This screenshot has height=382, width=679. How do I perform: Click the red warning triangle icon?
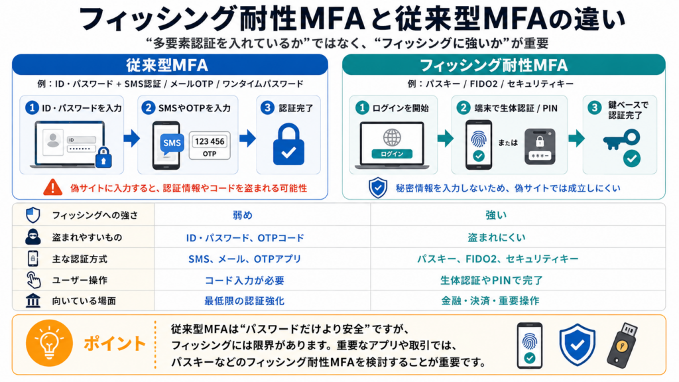point(52,187)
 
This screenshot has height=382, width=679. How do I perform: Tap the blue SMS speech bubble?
point(172,143)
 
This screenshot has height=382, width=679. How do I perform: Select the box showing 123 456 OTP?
point(210,147)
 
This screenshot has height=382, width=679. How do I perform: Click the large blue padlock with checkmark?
point(288,145)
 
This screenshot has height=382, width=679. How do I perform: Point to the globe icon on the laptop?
point(392,137)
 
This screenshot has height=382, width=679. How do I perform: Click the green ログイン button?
point(392,154)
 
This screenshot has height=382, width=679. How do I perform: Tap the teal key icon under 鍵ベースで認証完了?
point(621,140)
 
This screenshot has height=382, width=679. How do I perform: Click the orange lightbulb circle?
point(49,344)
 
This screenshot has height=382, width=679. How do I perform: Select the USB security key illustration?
point(622,345)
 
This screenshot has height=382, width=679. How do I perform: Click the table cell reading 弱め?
point(243,215)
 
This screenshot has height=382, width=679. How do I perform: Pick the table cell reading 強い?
point(496,215)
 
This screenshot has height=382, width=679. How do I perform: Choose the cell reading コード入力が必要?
point(245,281)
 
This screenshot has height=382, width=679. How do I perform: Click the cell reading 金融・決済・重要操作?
point(490,300)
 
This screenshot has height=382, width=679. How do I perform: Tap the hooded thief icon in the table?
point(33,237)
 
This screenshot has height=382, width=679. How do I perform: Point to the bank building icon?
point(33,300)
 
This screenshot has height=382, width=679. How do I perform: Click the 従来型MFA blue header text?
point(167,65)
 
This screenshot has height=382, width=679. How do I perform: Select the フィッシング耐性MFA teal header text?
point(493,66)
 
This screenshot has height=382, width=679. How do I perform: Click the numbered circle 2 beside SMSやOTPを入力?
point(149,107)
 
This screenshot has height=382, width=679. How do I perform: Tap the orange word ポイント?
point(115,344)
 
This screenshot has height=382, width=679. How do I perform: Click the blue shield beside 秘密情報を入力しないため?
point(378,188)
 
